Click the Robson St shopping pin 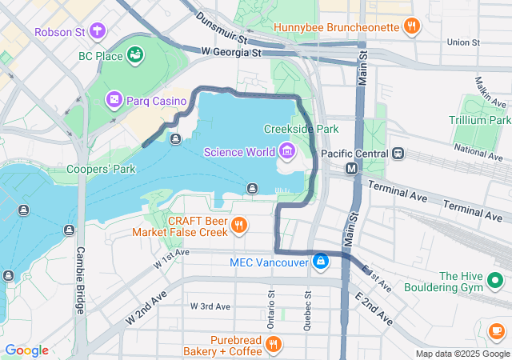point(98,31)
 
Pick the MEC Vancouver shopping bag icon point(320,262)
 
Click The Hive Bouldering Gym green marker point(494,281)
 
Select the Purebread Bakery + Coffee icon point(273,345)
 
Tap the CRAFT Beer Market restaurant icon point(238,226)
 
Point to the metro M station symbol point(351,169)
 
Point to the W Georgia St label point(231,52)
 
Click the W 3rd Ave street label point(210,306)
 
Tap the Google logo point(26,350)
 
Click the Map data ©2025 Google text point(462,354)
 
